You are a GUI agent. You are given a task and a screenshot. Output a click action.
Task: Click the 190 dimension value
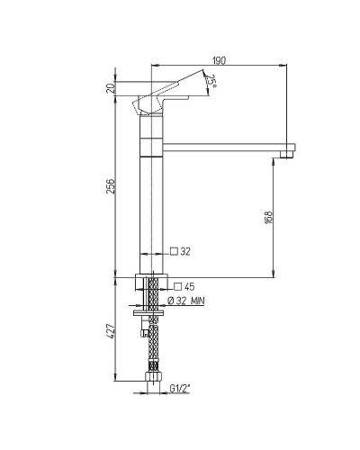219,60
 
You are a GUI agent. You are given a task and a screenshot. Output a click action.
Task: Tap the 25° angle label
211,81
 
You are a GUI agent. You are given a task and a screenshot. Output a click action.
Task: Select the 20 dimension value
111,88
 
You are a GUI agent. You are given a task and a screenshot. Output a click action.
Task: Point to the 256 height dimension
110,186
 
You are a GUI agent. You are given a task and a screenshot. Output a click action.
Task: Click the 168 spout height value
268,217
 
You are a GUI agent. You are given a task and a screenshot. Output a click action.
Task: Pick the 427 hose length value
110,331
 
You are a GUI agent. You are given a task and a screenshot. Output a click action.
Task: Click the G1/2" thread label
180,389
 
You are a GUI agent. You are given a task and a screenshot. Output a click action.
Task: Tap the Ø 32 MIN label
186,301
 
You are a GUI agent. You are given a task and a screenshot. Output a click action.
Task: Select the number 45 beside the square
189,287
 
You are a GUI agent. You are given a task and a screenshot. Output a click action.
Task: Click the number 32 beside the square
185,251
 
